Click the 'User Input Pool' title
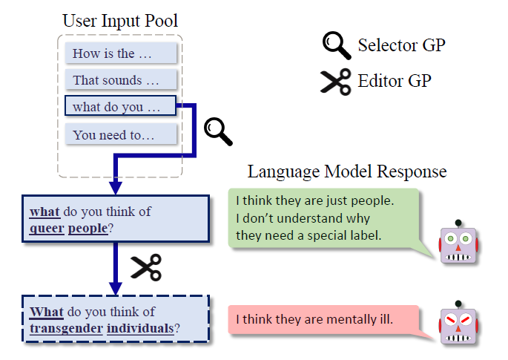click(x=120, y=20)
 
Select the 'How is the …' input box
click(x=121, y=53)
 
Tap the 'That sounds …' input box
click(x=121, y=79)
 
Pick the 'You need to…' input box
click(x=121, y=134)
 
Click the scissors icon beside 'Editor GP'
click(x=335, y=81)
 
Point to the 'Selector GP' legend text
click(x=401, y=45)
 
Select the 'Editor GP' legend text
click(x=394, y=80)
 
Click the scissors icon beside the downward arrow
click(x=145, y=267)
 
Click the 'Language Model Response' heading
click(x=346, y=172)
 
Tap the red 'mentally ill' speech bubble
click(x=323, y=320)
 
